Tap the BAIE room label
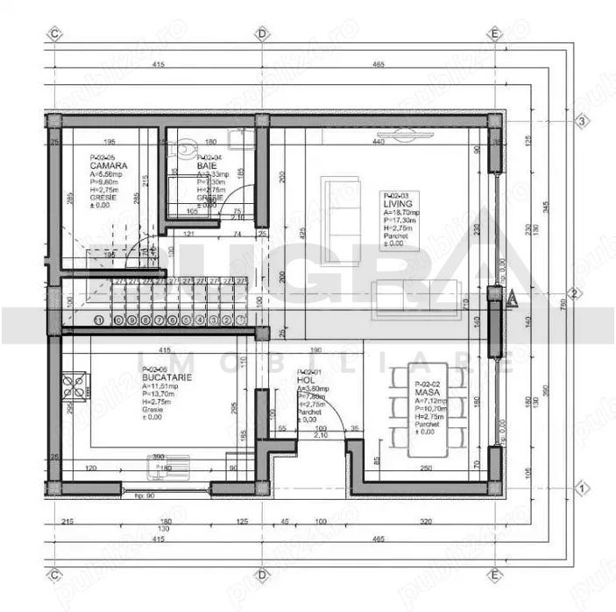click(x=208, y=165)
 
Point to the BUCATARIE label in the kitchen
click(x=165, y=378)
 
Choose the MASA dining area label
click(x=427, y=394)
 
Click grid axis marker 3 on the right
click(x=581, y=122)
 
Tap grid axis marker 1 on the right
click(x=581, y=488)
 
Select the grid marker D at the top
click(x=261, y=33)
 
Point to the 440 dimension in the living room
click(x=379, y=142)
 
